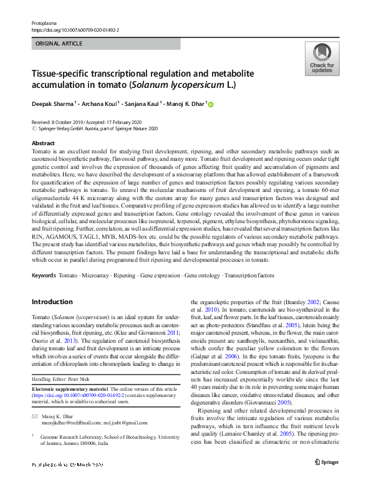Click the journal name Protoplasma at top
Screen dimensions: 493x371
click(x=44, y=22)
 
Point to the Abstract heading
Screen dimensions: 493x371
click(x=43, y=143)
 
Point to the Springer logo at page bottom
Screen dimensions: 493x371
click(x=326, y=479)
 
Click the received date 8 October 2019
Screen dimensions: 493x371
click(x=73, y=122)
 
